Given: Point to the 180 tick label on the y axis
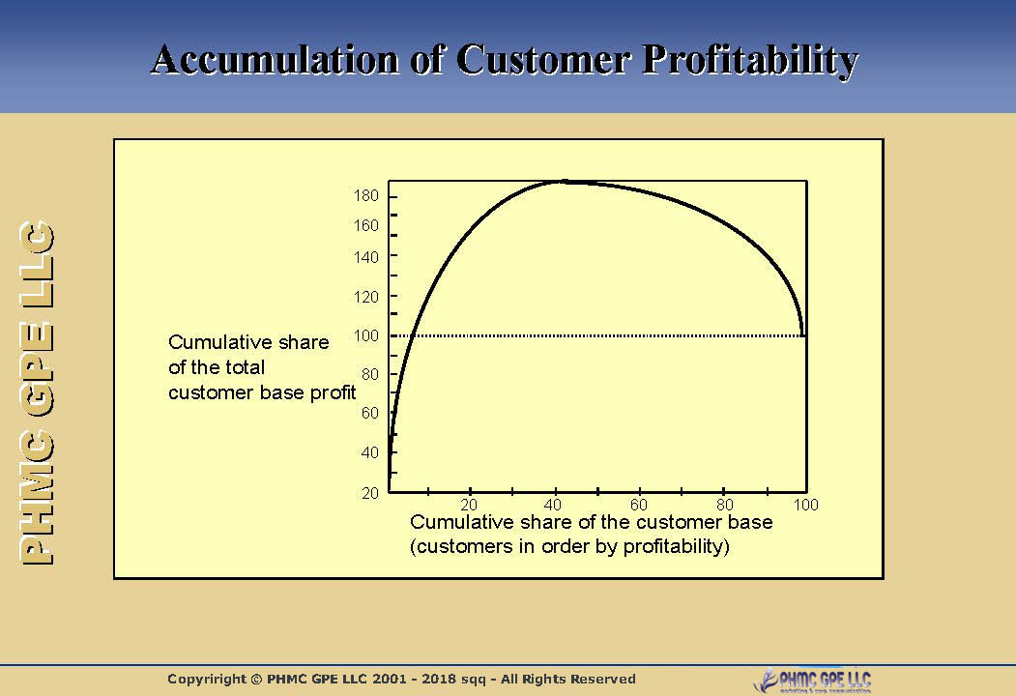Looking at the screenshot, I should tap(367, 197).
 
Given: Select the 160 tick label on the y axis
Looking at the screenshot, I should tap(367, 226).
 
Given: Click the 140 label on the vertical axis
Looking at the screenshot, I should tap(367, 257).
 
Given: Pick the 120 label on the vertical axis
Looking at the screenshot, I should tap(367, 297).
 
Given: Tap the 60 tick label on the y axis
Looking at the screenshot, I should tap(370, 414).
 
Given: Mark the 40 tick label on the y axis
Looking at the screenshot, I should tap(370, 453).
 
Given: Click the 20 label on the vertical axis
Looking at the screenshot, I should tap(370, 494).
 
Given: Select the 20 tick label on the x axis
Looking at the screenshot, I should tap(469, 506).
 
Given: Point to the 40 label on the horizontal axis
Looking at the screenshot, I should tap(554, 506).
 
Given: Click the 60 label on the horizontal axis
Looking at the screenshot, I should tap(639, 506).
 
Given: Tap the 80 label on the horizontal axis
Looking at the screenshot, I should tap(725, 506).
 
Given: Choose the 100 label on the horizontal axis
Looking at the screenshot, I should tap(805, 506).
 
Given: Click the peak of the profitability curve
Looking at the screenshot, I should tap(563, 181).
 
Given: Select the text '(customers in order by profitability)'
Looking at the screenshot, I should tap(569, 546).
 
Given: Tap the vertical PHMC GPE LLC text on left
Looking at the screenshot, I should tap(38, 393).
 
